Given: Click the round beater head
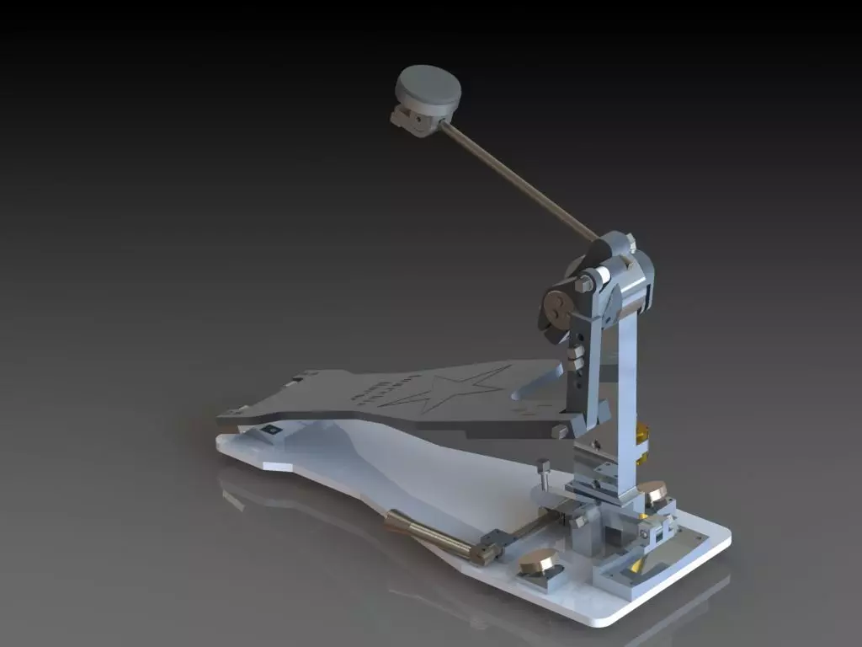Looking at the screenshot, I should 428,88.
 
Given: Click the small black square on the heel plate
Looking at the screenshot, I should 271,430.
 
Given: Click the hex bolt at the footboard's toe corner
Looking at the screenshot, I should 559,431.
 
